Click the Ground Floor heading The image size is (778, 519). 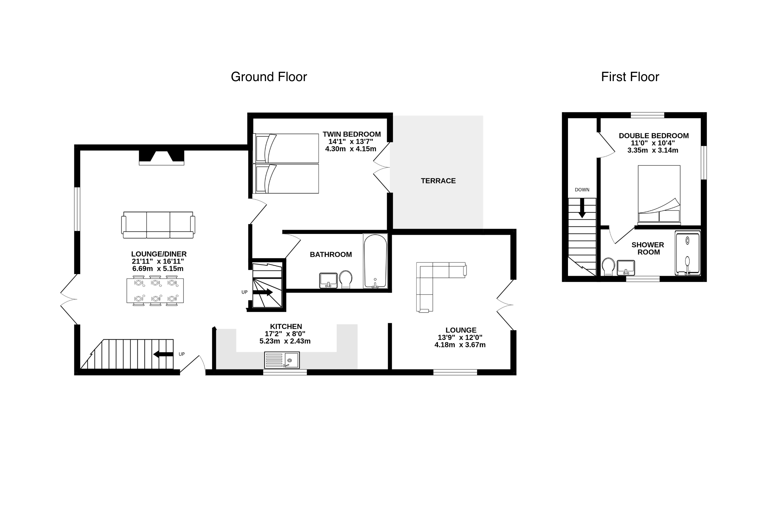pyautogui.click(x=269, y=77)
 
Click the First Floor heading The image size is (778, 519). pyautogui.click(x=630, y=77)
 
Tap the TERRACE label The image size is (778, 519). pyautogui.click(x=438, y=181)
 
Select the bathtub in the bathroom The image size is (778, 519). pyautogui.click(x=375, y=261)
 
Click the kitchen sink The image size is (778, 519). pyautogui.click(x=282, y=360)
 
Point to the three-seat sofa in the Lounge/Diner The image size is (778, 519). pyautogui.click(x=158, y=225)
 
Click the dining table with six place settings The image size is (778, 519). pyautogui.click(x=155, y=291)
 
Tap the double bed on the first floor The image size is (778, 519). pyautogui.click(x=659, y=195)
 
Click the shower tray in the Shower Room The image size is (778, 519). pyautogui.click(x=688, y=253)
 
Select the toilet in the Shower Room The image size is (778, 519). pyautogui.click(x=608, y=266)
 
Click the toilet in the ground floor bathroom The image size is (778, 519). pyautogui.click(x=346, y=279)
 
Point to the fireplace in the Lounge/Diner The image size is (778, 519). pyautogui.click(x=161, y=158)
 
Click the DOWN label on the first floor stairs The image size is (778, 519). pyautogui.click(x=582, y=190)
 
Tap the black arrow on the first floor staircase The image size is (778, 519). pyautogui.click(x=582, y=208)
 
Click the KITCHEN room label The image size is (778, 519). pyautogui.click(x=286, y=326)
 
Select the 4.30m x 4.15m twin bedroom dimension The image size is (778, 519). pyautogui.click(x=351, y=149)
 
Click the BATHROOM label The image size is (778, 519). pyautogui.click(x=331, y=255)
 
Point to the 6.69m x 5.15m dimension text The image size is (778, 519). pyautogui.click(x=158, y=269)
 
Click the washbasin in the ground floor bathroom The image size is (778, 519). pyautogui.click(x=328, y=280)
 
